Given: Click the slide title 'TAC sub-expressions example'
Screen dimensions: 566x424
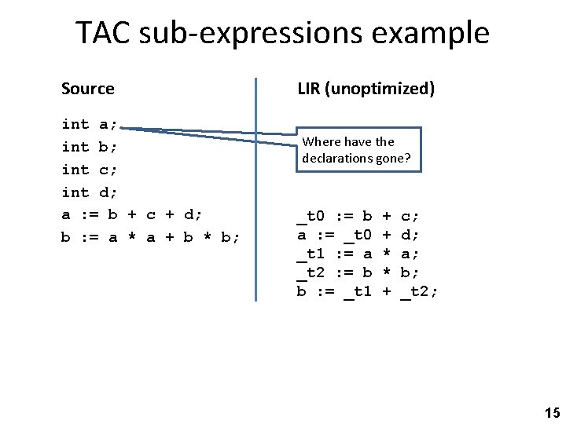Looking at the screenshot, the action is pos(282,33).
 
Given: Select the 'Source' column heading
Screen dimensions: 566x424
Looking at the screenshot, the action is pos(87,89).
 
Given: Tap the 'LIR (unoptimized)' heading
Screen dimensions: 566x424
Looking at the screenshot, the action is pos(366,89).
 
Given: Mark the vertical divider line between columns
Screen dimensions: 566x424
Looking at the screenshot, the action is pos(256,188).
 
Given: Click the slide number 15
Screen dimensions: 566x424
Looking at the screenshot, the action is pos(552,412).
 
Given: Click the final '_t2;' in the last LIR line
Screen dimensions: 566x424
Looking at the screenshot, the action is pos(420,291).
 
